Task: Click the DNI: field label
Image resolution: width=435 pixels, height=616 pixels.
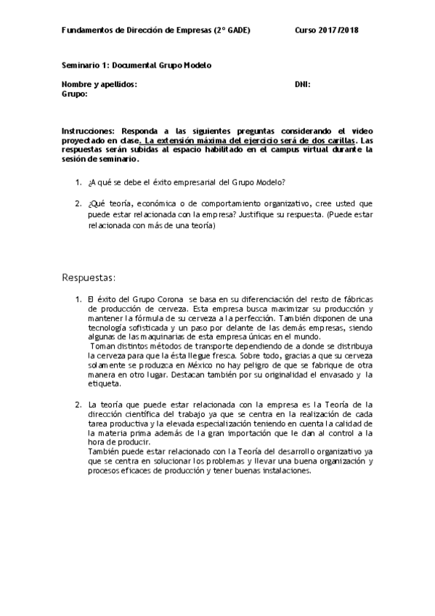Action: pyautogui.click(x=303, y=84)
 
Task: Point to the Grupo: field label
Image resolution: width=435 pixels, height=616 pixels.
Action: pyautogui.click(x=75, y=94)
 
